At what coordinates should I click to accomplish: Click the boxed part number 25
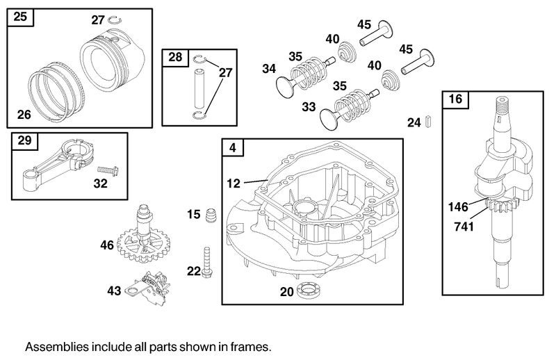point(21,17)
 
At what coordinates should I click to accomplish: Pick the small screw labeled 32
point(106,170)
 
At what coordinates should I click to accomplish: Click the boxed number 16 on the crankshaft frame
point(455,99)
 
